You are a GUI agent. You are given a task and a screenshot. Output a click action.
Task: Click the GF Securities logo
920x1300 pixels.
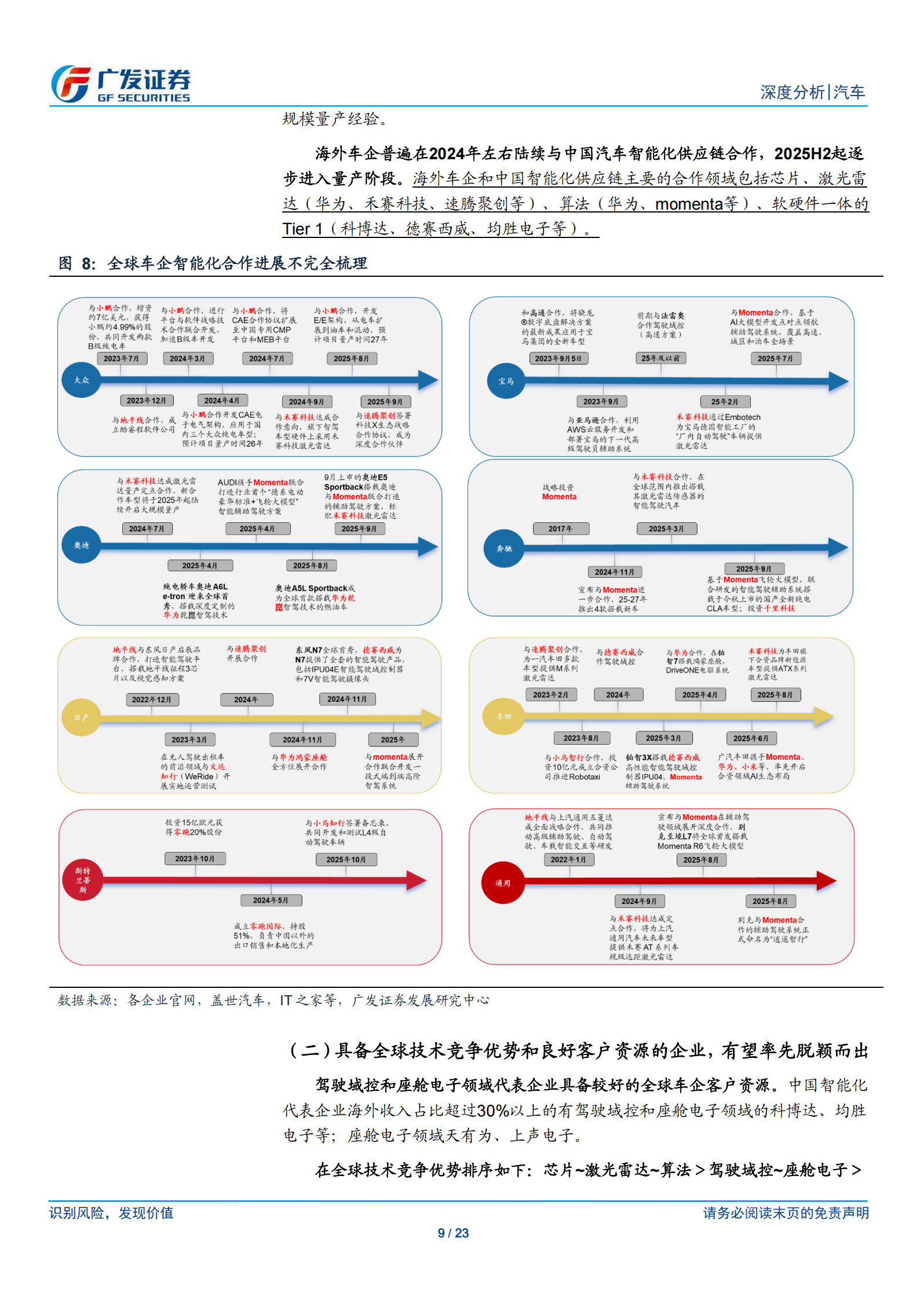[121, 85]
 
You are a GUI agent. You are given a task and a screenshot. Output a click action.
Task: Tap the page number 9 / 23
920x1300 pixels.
[453, 1233]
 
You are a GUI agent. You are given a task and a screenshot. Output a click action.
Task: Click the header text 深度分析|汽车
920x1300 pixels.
[812, 92]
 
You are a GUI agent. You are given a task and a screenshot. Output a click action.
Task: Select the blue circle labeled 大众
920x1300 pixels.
[82, 380]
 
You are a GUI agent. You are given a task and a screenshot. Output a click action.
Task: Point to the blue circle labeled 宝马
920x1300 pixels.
[506, 381]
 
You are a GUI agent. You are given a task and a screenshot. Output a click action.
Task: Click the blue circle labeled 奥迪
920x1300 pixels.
[81, 545]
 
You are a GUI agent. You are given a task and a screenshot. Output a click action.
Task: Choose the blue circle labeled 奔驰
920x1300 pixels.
[504, 548]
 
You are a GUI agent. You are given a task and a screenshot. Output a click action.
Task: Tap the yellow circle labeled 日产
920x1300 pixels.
[81, 717]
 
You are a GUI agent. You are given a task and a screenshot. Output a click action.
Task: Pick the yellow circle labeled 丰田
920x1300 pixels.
[503, 716]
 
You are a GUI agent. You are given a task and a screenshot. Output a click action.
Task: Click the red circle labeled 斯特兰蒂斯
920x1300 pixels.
[83, 880]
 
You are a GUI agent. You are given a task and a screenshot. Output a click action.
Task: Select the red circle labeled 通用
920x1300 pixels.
[502, 883]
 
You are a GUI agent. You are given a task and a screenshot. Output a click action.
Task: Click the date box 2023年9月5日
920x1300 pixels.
[558, 358]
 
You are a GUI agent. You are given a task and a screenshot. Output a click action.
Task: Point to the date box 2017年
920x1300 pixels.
[560, 529]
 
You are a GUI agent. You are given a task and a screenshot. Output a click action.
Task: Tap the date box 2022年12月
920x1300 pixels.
[152, 700]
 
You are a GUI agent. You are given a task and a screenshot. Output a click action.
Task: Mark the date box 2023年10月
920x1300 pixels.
[195, 859]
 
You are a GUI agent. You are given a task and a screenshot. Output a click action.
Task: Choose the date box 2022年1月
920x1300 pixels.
[568, 860]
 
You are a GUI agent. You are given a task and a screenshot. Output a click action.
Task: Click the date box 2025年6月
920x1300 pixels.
[751, 738]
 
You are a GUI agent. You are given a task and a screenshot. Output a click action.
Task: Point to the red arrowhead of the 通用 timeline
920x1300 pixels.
[826, 881]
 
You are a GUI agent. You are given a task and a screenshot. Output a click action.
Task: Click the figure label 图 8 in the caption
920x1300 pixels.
[76, 264]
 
